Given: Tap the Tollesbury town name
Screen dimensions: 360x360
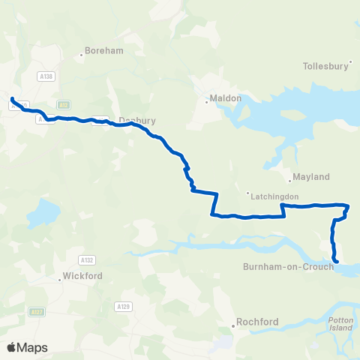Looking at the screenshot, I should [325, 65].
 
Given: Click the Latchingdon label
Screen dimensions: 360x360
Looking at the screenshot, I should [275, 196].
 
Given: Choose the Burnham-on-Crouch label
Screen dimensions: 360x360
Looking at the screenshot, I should [288, 266].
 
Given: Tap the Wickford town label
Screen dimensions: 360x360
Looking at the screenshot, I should [79, 278].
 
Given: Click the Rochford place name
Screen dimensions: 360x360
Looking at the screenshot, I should [257, 322].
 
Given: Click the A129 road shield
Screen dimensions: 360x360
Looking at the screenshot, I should [123, 306].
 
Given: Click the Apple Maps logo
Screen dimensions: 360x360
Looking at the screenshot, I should [27, 347].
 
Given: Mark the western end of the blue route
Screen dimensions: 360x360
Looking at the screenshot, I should [13, 99].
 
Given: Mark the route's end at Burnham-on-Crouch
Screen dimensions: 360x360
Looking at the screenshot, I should [336, 261].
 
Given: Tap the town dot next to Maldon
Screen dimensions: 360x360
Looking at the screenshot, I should [207, 102].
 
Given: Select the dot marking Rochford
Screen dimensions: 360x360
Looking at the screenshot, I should [232, 325].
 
